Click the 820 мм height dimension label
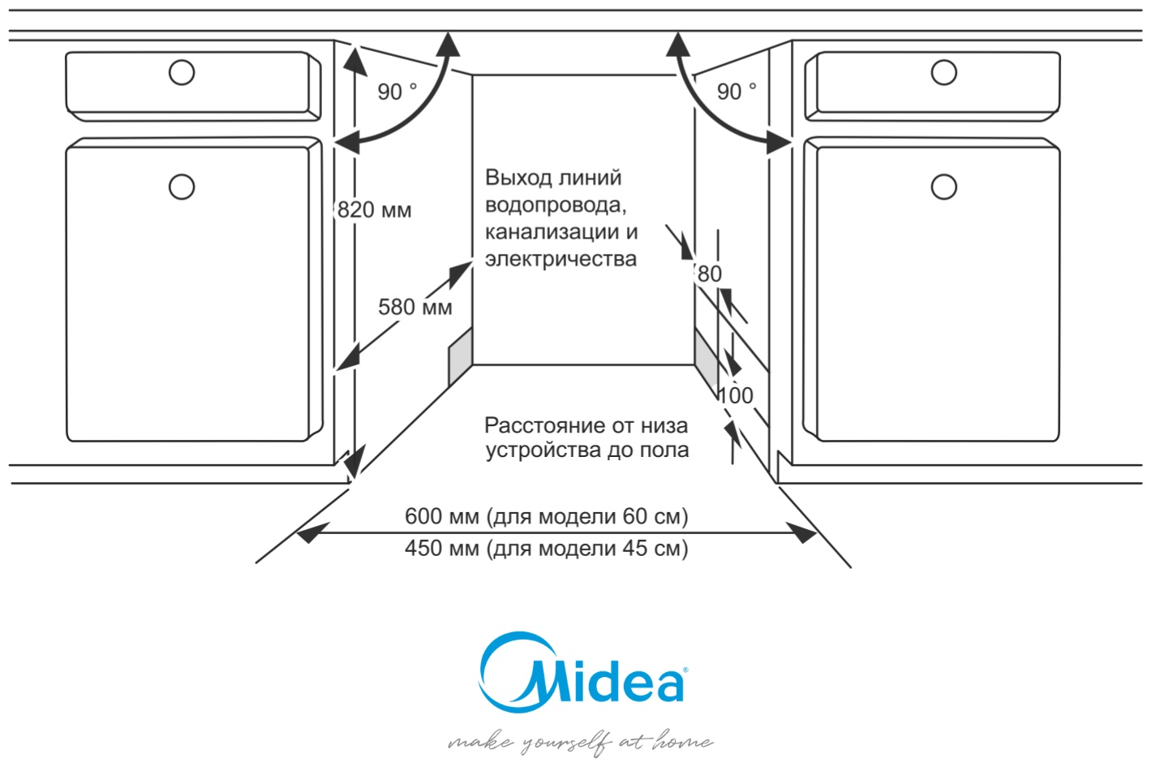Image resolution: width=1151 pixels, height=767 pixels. (x=374, y=210)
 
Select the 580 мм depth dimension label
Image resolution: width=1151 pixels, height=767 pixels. (x=414, y=307)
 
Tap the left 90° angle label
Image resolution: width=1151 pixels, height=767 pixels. (x=397, y=92)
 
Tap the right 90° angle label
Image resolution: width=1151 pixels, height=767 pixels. (x=736, y=92)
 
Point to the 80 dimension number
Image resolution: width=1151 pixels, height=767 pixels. (x=709, y=274)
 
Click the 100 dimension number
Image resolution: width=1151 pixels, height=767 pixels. (x=736, y=395)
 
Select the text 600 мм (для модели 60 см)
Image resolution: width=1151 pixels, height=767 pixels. (x=546, y=516)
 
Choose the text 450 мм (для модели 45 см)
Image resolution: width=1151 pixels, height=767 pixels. (x=546, y=549)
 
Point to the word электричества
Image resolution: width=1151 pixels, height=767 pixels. (x=560, y=259)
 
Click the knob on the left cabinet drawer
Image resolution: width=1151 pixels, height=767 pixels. (x=182, y=72)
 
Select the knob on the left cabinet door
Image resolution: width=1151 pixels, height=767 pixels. (x=182, y=187)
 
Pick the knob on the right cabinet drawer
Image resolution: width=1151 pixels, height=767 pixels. (x=943, y=72)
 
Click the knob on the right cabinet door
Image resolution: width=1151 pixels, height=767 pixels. (x=943, y=187)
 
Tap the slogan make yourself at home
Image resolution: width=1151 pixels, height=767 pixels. (x=580, y=742)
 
